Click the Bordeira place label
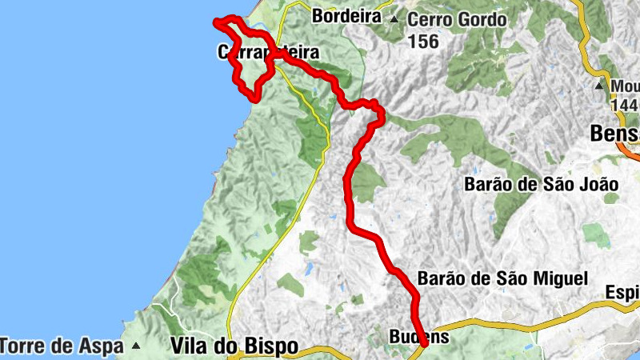[x=346, y=15]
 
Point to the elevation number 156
[x=423, y=41]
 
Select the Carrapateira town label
[x=268, y=53]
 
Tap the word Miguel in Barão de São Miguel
[x=563, y=278]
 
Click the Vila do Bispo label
[x=234, y=346]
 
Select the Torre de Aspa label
[x=62, y=346]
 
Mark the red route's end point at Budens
[x=422, y=344]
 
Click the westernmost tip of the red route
[x=215, y=22]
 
